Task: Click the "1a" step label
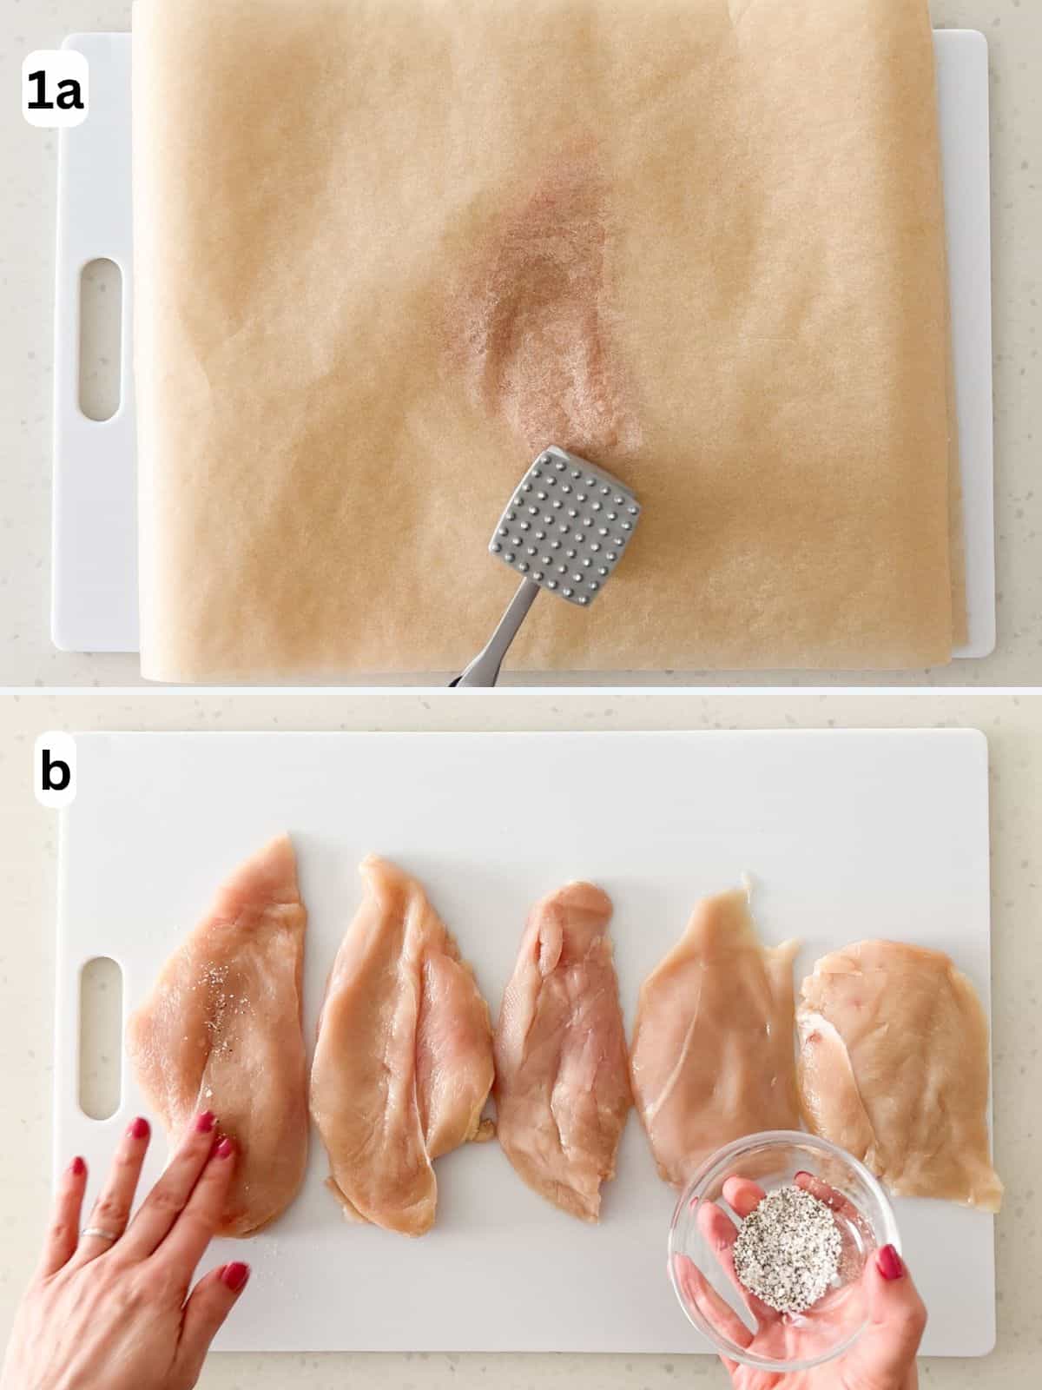(54, 93)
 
